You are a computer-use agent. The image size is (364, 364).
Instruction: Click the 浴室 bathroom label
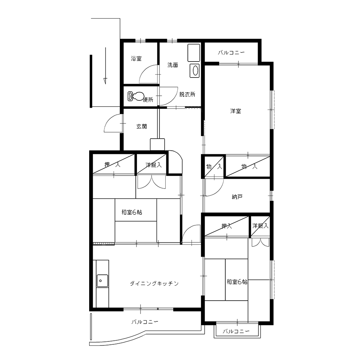click(136, 59)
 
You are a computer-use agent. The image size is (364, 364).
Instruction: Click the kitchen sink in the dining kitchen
click(102, 281)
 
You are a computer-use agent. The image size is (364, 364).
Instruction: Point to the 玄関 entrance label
click(142, 127)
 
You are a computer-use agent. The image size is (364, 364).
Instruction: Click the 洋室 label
click(236, 111)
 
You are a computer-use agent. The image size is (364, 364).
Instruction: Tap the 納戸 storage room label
click(237, 197)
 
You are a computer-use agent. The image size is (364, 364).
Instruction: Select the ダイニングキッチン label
click(154, 284)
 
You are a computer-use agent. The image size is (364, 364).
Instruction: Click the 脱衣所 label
click(187, 95)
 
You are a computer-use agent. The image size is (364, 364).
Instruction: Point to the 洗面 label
click(173, 65)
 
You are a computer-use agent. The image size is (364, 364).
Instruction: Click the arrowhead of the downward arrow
click(106, 81)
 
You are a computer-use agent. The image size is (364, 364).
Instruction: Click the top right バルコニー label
click(231, 53)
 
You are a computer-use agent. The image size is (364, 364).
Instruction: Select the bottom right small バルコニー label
click(236, 331)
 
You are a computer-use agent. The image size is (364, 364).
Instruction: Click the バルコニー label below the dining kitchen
click(145, 322)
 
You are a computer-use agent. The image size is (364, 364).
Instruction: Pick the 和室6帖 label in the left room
click(132, 212)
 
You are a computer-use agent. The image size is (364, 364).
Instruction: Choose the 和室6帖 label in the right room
click(237, 282)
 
